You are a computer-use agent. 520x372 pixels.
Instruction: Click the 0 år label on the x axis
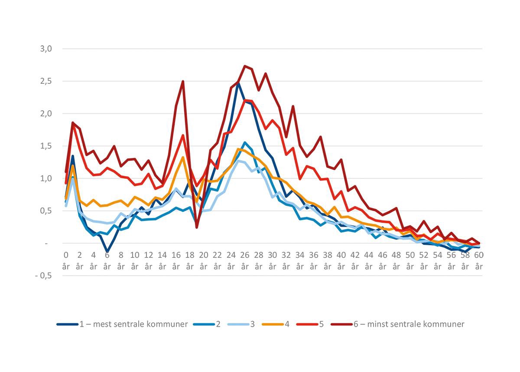click(x=66, y=260)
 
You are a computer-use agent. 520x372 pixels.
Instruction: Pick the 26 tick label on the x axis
click(x=245, y=260)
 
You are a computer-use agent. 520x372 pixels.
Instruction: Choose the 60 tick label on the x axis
click(x=479, y=260)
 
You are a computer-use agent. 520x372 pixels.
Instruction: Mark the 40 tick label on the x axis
click(x=341, y=260)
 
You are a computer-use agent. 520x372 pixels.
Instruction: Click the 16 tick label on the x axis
click(x=176, y=260)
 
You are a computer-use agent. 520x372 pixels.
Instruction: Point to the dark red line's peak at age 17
click(x=183, y=81)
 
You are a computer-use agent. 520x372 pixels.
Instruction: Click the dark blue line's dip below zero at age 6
click(x=107, y=251)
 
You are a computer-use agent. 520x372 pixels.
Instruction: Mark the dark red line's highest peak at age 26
click(x=245, y=66)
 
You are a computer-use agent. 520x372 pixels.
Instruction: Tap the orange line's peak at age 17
click(x=183, y=157)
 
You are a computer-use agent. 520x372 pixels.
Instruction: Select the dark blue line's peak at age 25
click(x=238, y=82)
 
